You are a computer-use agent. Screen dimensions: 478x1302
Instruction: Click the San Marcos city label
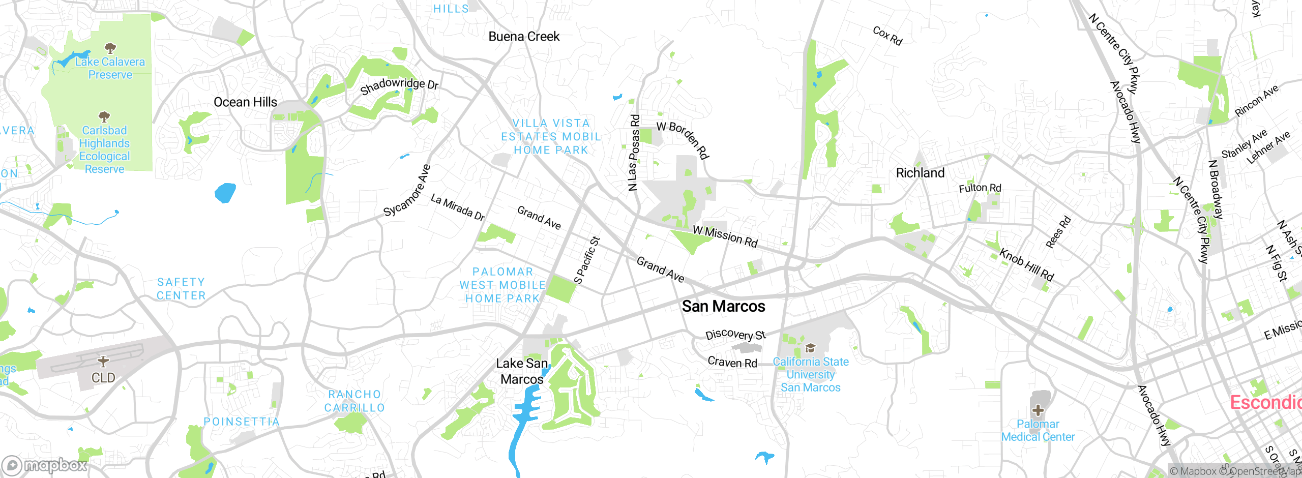tap(723, 306)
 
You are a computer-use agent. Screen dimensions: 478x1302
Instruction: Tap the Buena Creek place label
tap(524, 37)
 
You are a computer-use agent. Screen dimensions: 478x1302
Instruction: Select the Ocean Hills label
tap(245, 102)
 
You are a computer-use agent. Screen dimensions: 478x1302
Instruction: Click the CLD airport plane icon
tap(103, 361)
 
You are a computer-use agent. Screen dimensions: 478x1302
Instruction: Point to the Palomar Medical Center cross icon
tap(1038, 410)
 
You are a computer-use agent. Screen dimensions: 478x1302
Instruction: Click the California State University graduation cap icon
tap(810, 348)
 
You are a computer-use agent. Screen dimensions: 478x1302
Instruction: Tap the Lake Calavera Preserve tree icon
tap(110, 48)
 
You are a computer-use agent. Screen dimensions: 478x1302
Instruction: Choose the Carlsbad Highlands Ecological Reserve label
tap(104, 150)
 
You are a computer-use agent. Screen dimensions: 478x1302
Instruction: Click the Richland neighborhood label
tap(920, 173)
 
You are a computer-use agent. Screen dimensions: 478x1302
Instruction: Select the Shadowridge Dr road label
tap(399, 85)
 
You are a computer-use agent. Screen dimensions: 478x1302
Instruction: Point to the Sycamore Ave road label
tap(407, 191)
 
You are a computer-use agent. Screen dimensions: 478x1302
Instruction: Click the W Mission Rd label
tap(725, 236)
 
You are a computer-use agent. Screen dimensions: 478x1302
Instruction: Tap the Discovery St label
tap(735, 335)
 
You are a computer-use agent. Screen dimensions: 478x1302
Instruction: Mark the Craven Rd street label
tap(732, 362)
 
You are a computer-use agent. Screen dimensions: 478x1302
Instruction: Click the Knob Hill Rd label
tap(1026, 264)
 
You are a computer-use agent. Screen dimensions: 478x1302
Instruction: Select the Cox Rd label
tap(887, 36)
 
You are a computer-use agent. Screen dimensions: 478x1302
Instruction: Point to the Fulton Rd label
tap(980, 188)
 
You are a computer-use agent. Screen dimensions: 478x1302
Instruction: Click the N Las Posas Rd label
tap(634, 153)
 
